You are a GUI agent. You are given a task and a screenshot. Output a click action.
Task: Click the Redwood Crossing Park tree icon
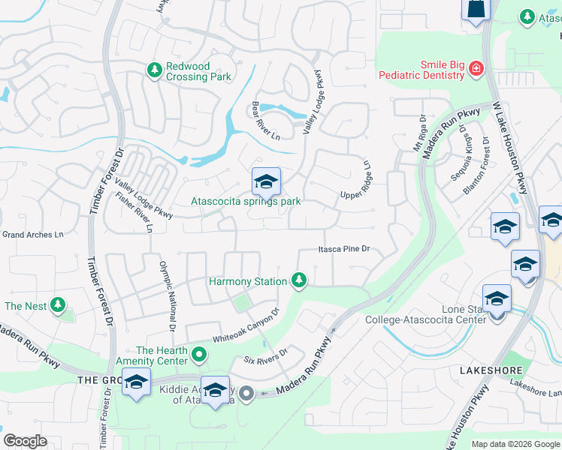tap(155, 70)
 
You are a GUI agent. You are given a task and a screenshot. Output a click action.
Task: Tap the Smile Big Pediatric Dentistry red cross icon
tap(475, 70)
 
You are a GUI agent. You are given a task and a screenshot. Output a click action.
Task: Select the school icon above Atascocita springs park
tap(265, 182)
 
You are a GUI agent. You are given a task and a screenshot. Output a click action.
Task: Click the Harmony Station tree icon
tap(299, 280)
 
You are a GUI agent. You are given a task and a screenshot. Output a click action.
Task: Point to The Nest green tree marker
tap(57, 306)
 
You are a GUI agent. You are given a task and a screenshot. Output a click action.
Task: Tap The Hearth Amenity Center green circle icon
tap(198, 352)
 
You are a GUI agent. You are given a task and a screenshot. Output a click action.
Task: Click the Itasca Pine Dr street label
tap(344, 249)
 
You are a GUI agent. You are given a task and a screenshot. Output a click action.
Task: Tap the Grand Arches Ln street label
tap(32, 235)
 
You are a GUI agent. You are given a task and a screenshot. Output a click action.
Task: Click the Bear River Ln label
tap(265, 121)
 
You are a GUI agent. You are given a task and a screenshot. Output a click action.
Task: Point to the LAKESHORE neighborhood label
tap(485, 370)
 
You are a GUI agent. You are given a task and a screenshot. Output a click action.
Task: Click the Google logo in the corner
tap(25, 441)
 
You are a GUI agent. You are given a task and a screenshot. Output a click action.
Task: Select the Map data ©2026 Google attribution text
tap(515, 444)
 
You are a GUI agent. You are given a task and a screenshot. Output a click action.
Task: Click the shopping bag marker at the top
tap(476, 9)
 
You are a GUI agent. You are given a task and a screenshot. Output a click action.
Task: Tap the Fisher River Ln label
tap(134, 212)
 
